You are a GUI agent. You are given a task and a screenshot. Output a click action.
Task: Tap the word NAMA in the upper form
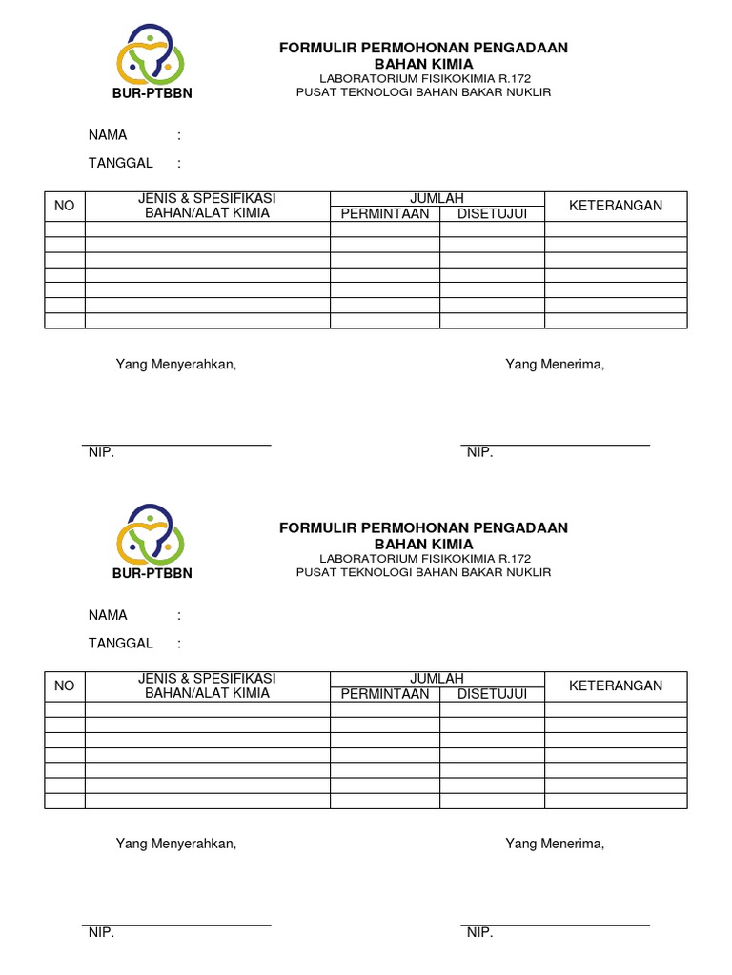pyautogui.click(x=108, y=135)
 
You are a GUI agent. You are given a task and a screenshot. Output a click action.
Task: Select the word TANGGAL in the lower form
pyautogui.click(x=121, y=643)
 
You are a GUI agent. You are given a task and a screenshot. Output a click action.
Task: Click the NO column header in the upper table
pyautogui.click(x=64, y=206)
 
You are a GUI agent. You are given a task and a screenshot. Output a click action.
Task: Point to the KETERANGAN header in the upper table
pyautogui.click(x=616, y=206)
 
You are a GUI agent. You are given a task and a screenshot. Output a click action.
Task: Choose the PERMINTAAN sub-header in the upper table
pyautogui.click(x=385, y=213)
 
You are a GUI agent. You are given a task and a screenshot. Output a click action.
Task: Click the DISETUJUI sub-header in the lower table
pyautogui.click(x=492, y=693)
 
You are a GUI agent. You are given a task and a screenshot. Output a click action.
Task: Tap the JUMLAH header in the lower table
pyautogui.click(x=437, y=678)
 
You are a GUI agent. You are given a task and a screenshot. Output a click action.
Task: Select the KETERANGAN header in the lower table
pyautogui.click(x=616, y=686)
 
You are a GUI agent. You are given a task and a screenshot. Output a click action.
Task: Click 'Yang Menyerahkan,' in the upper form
pyautogui.click(x=175, y=364)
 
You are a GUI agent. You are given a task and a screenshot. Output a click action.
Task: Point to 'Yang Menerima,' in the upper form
pyautogui.click(x=555, y=364)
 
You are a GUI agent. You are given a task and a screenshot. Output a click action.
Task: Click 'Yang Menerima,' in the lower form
pyautogui.click(x=555, y=844)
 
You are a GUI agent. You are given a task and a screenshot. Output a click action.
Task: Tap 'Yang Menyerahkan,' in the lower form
pyautogui.click(x=175, y=844)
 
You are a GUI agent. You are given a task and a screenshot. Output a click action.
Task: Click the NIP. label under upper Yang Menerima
pyautogui.click(x=479, y=453)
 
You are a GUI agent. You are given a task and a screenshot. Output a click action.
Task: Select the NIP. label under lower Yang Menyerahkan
pyautogui.click(x=101, y=933)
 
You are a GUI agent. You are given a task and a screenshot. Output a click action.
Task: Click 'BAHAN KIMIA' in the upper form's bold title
pyautogui.click(x=423, y=64)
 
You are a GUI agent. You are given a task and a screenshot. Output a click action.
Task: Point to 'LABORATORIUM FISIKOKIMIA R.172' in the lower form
pyautogui.click(x=424, y=558)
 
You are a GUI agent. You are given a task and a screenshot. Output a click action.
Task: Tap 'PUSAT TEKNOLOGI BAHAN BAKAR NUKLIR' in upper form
pyautogui.click(x=423, y=92)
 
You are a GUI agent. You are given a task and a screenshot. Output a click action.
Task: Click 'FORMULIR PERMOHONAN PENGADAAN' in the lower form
pyautogui.click(x=423, y=527)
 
